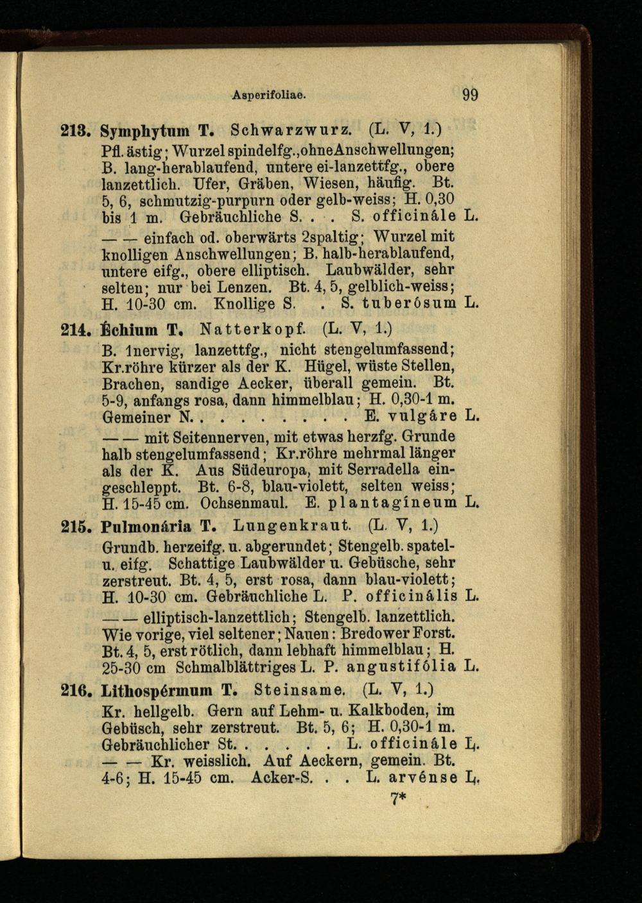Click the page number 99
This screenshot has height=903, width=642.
[469, 96]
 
